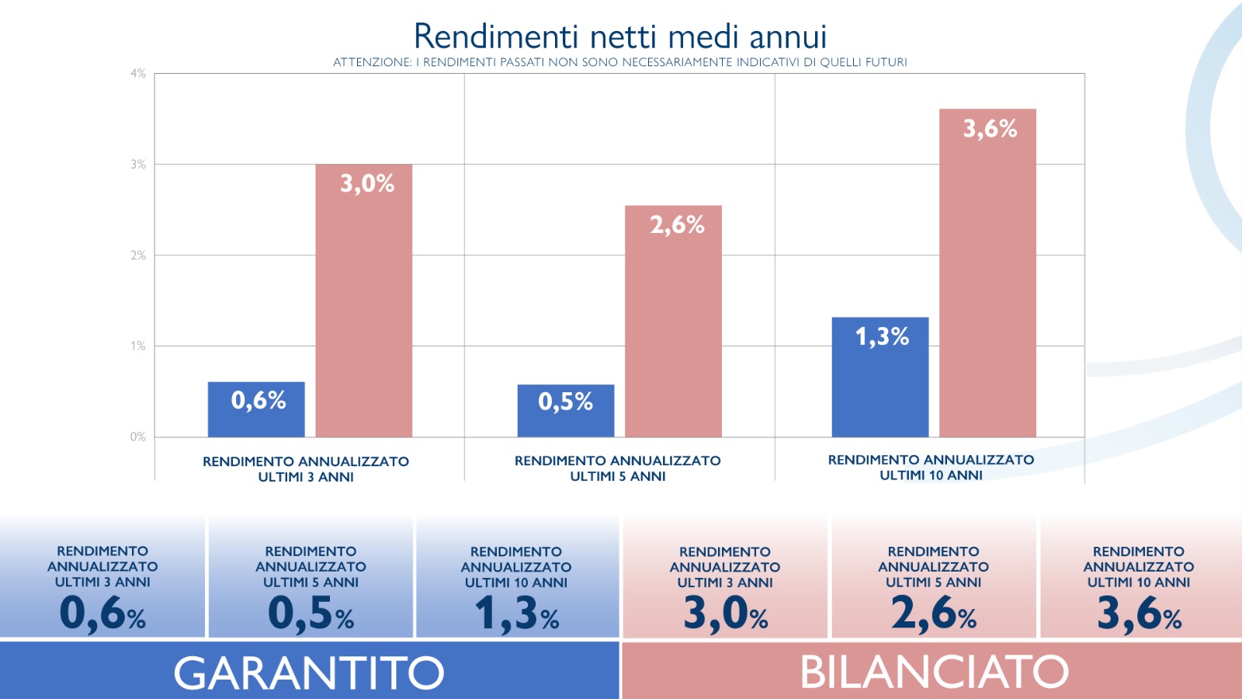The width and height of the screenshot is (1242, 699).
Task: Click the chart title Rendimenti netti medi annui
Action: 619,37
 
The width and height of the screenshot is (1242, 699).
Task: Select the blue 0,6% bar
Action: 256,409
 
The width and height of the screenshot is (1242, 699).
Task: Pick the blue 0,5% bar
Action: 566,411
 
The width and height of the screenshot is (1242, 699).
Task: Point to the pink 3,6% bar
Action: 987,273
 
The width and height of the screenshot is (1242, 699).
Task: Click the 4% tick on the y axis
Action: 138,74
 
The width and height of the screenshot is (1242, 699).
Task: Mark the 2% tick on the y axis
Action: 138,256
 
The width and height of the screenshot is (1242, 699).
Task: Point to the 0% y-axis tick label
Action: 138,437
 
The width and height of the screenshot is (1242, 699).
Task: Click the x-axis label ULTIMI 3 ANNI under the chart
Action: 306,477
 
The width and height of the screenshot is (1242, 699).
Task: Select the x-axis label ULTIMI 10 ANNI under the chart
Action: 931,475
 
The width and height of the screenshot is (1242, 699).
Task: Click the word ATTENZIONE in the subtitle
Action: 372,62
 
